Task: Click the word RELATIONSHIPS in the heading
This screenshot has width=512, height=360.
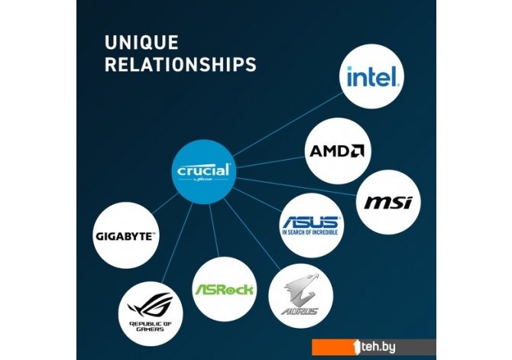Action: pyautogui.click(x=180, y=65)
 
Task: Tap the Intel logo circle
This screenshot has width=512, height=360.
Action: pyautogui.click(x=373, y=76)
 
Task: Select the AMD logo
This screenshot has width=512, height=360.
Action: pyautogui.click(x=335, y=150)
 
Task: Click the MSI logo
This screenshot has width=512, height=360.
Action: pyautogui.click(x=387, y=203)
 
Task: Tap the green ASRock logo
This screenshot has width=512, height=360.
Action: pyautogui.click(x=223, y=290)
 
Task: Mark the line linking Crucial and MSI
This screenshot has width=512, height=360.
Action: pyautogui.click(x=298, y=188)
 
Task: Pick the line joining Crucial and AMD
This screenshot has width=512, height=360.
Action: pyautogui.click(x=267, y=163)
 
